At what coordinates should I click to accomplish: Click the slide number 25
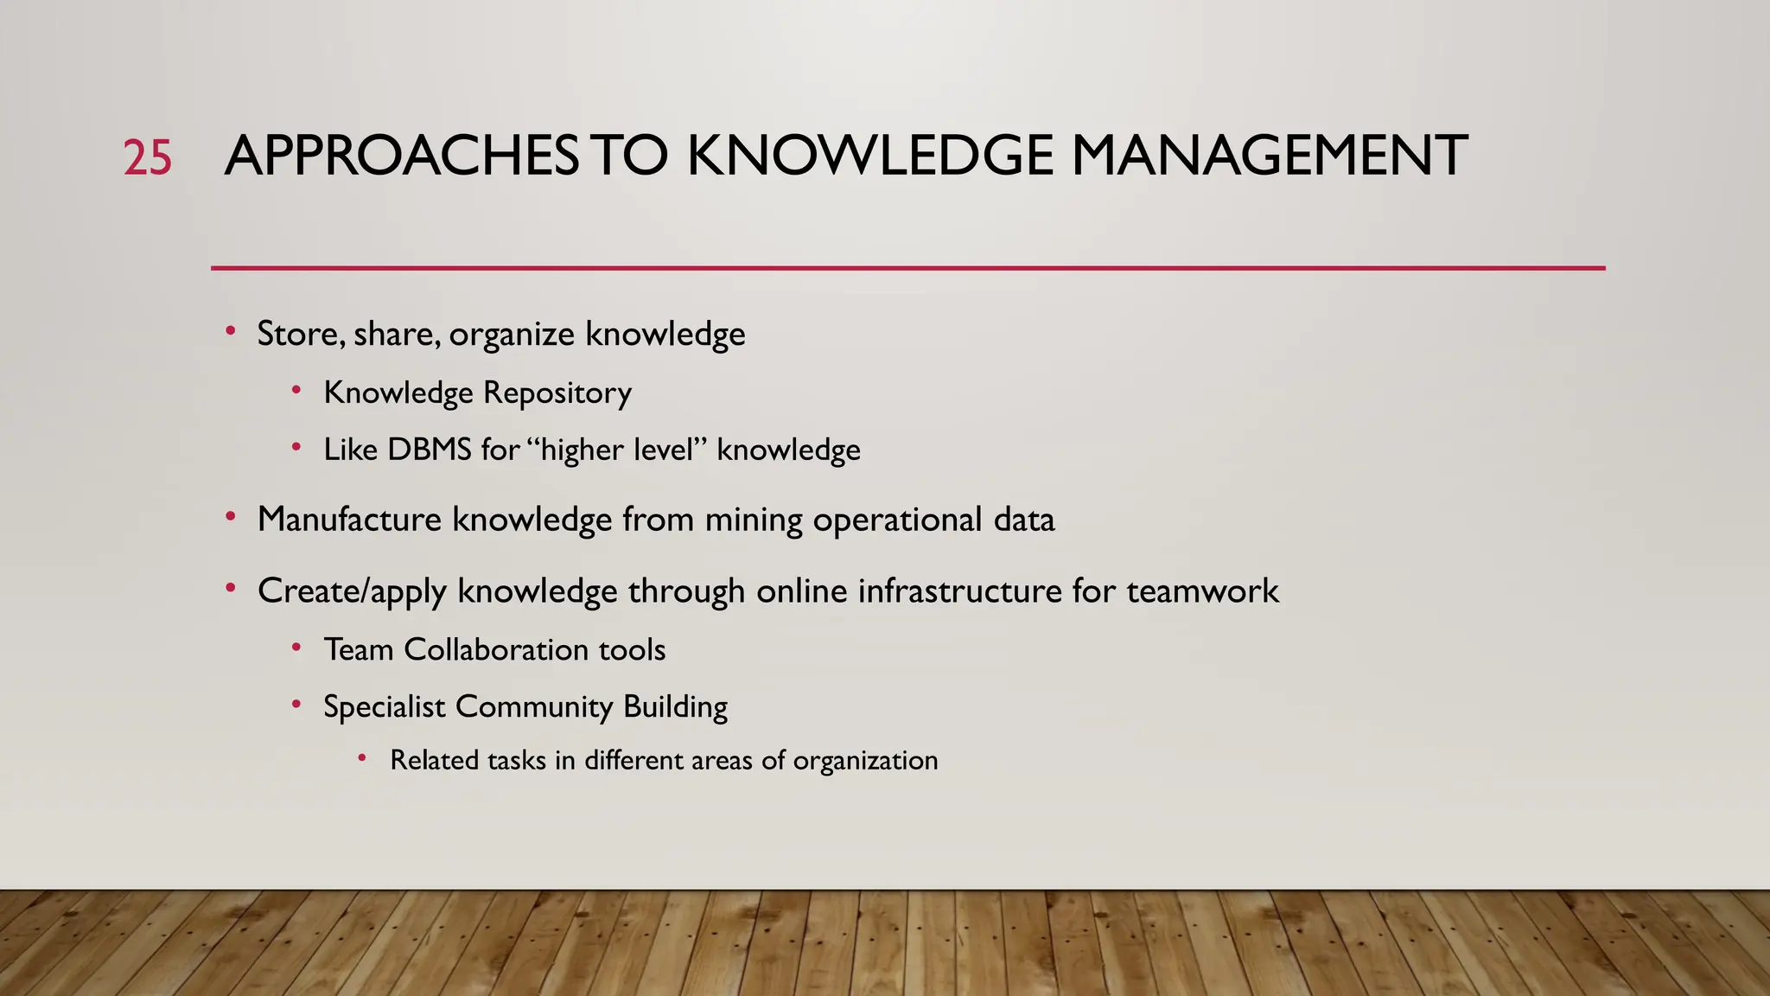tap(147, 158)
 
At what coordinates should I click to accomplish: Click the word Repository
tap(557, 393)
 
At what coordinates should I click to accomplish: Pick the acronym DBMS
tap(430, 450)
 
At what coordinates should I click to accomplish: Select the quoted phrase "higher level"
tap(616, 450)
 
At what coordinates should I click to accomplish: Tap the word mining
tap(754, 520)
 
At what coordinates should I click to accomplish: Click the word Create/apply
tap(352, 591)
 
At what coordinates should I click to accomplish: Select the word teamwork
tap(1202, 591)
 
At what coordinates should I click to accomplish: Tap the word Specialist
tap(384, 706)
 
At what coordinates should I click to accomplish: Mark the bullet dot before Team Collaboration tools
tap(296, 647)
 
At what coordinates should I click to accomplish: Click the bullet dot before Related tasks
tap(363, 758)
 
